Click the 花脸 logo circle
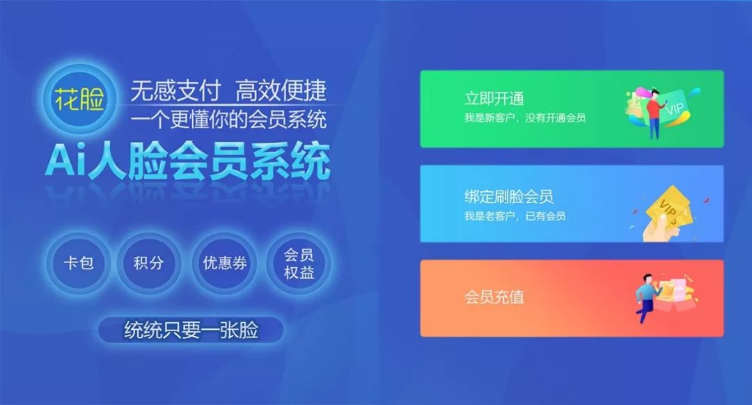[79, 100]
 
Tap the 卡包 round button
[78, 262]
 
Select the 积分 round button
[149, 262]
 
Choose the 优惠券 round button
[224, 262]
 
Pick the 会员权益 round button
[298, 262]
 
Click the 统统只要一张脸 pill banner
[191, 330]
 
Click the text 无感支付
[175, 90]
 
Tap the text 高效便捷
[281, 90]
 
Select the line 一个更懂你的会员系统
[228, 120]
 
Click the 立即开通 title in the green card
[494, 99]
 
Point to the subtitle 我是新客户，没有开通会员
[525, 118]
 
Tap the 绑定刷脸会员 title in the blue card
[509, 196]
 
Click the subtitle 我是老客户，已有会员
[515, 216]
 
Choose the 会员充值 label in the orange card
[494, 296]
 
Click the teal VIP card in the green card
[674, 108]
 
